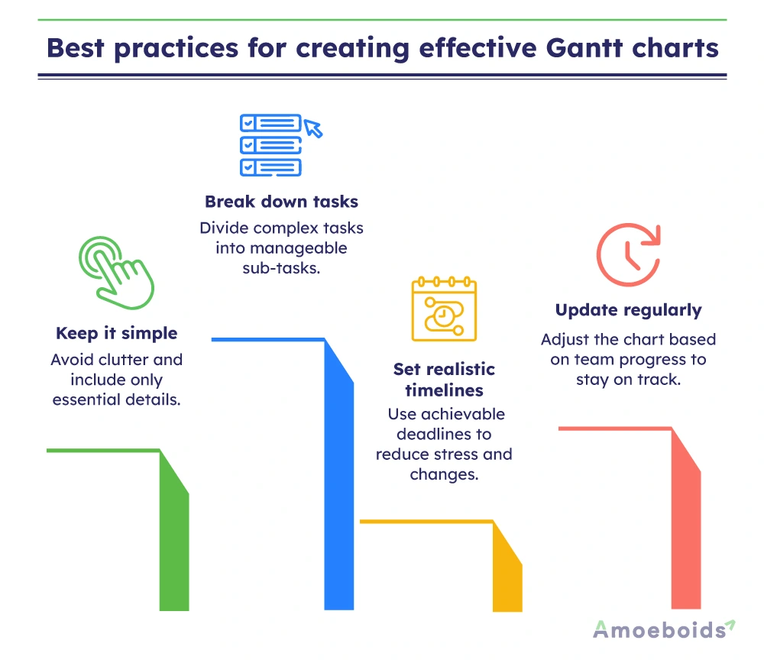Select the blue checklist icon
[x=270, y=144]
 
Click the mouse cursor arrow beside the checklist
[x=313, y=128]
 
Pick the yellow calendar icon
[x=444, y=309]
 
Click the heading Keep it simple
[x=116, y=333]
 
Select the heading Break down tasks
[x=281, y=202]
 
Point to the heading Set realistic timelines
[x=444, y=380]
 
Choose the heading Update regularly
[x=628, y=310]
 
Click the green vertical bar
[x=174, y=550]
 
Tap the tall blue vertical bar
[x=339, y=489]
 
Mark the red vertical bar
[x=686, y=535]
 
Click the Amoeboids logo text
[x=659, y=629]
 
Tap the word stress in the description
[x=456, y=454]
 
